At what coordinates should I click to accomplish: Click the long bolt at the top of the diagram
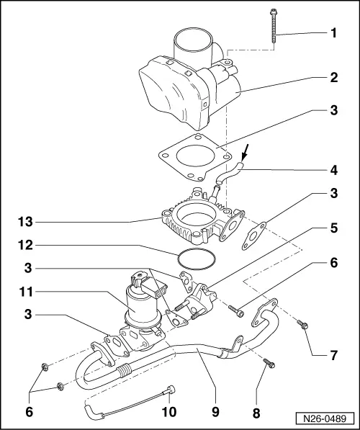point(276,29)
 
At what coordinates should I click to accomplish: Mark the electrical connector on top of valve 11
point(144,283)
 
